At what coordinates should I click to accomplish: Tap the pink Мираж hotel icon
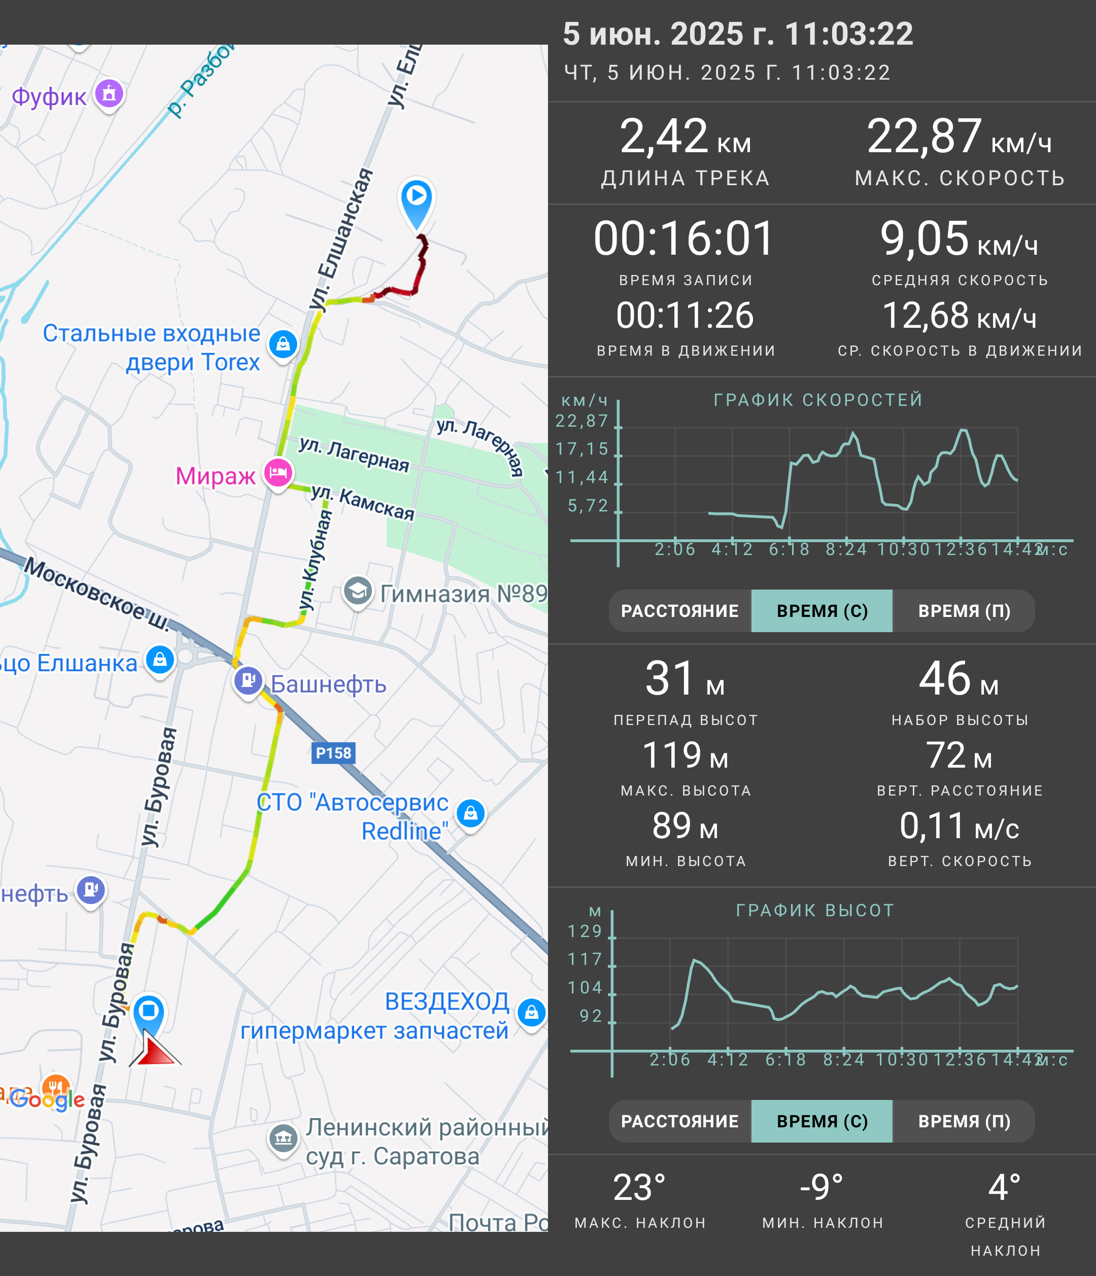(x=278, y=473)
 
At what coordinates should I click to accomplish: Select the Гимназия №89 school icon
(x=357, y=591)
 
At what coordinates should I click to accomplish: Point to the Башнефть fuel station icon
(x=248, y=681)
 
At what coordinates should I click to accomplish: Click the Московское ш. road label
(x=97, y=595)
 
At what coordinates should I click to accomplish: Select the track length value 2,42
(x=664, y=136)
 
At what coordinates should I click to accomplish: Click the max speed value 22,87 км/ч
(x=958, y=136)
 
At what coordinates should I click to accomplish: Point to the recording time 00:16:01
(x=684, y=238)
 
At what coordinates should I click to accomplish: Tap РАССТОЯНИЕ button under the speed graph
(x=680, y=611)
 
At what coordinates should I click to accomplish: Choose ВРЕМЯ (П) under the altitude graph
(x=964, y=1121)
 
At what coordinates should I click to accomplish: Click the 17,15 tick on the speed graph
(x=582, y=449)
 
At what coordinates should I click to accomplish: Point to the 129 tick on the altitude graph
(x=585, y=931)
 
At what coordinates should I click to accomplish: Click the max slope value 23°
(x=639, y=1188)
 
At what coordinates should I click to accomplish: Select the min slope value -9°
(x=821, y=1187)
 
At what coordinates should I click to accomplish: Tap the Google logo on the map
(x=48, y=1098)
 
